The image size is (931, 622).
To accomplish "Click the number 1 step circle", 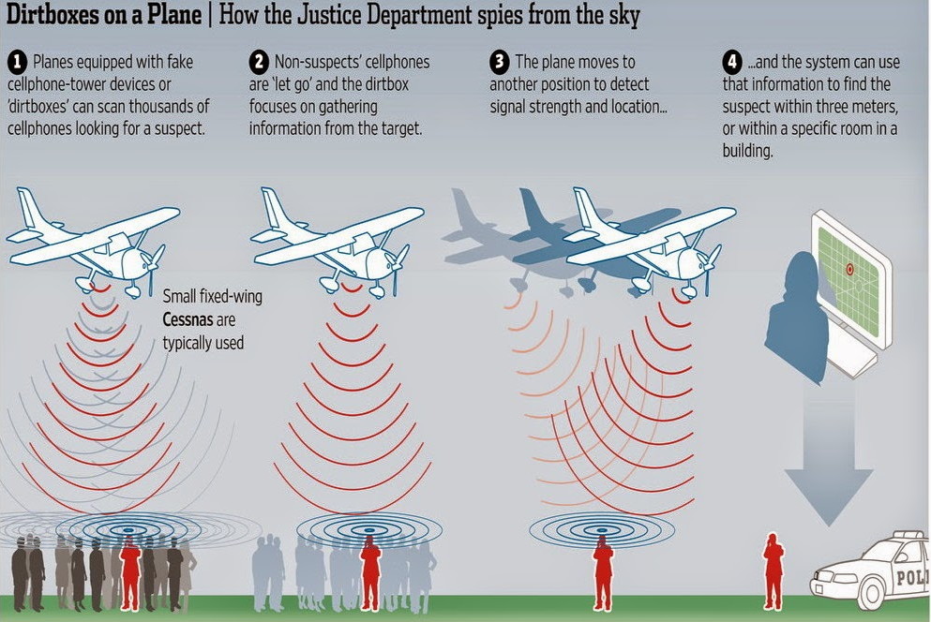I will [17, 63].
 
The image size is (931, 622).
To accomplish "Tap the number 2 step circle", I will [259, 63].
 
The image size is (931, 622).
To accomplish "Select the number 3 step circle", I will [499, 63].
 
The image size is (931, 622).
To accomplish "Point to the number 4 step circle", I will [732, 63].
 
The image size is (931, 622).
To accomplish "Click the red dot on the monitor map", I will [849, 270].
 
